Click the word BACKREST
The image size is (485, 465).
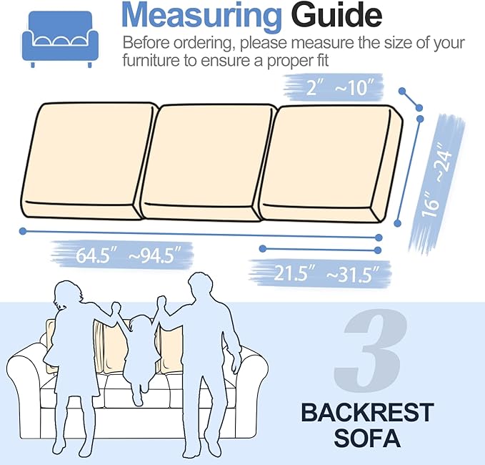click(367, 413)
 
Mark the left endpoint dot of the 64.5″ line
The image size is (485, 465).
click(24, 231)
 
